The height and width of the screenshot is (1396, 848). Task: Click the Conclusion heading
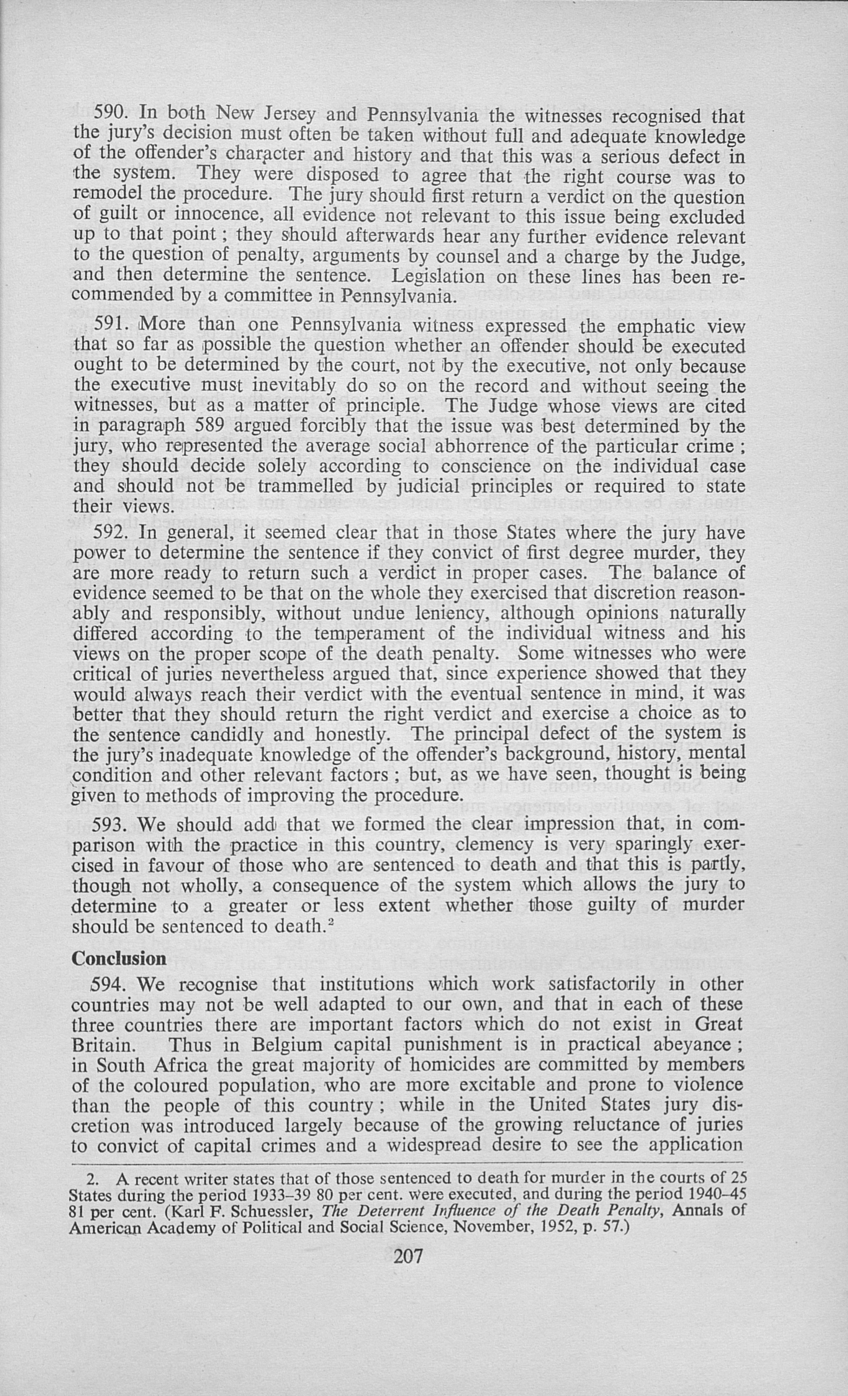(x=119, y=959)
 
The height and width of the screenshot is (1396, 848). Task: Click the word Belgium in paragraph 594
(x=288, y=1045)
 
